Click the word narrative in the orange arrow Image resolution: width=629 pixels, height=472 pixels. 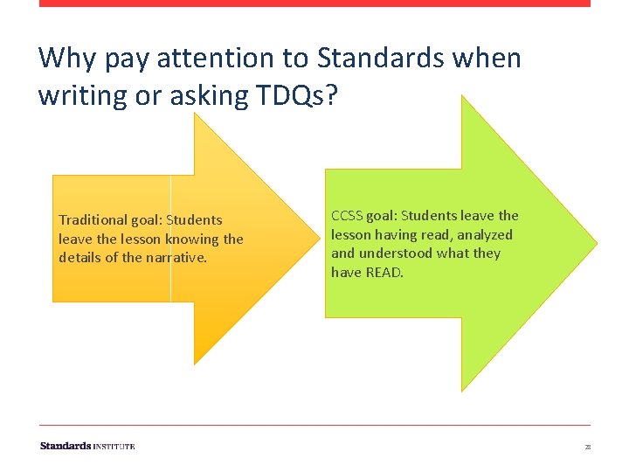[178, 257]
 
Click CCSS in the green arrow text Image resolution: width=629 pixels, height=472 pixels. [347, 215]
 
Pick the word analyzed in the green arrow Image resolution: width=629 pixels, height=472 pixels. [484, 234]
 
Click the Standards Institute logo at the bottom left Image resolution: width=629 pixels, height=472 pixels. [87, 446]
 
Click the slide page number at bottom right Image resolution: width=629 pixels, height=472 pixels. [588, 447]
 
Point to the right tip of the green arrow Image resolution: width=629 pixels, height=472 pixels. [596, 242]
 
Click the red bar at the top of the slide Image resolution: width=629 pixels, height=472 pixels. [314, 3]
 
